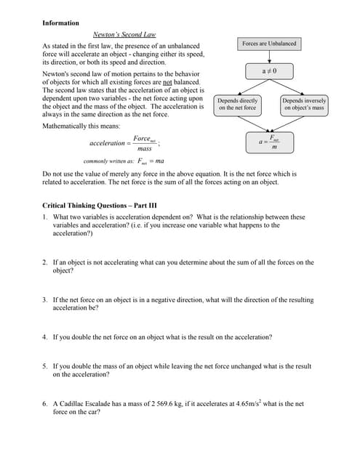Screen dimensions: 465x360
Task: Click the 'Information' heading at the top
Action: click(60, 23)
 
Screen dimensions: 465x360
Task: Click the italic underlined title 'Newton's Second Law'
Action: click(124, 35)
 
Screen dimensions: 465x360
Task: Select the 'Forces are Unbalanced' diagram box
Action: click(269, 44)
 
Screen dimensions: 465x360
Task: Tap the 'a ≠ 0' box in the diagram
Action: click(270, 71)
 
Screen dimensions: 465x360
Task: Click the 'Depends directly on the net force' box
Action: click(237, 104)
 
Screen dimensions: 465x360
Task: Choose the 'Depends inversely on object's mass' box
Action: click(304, 104)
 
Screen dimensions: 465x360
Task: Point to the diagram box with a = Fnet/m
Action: click(269, 142)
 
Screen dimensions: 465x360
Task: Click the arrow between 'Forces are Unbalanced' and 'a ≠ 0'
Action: click(270, 57)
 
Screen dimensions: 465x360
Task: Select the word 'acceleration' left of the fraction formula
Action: click(107, 143)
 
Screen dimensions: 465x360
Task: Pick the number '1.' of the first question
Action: click(45, 217)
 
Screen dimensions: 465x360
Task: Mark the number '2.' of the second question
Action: click(45, 262)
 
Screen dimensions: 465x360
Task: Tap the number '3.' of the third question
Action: click(45, 299)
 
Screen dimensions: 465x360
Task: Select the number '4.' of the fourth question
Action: click(45, 337)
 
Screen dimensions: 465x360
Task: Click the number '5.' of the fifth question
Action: click(45, 366)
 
